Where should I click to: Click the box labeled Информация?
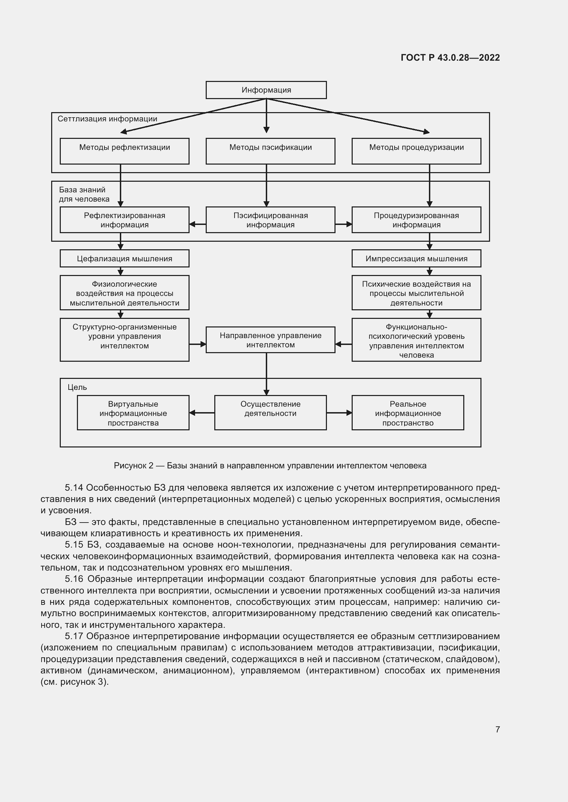pyautogui.click(x=266, y=90)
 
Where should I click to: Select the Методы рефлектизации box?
pyautogui.click(x=125, y=151)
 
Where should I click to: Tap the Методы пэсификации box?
pyautogui.click(x=270, y=151)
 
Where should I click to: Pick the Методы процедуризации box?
pyautogui.click(x=416, y=151)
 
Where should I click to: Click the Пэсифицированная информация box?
pyautogui.click(x=270, y=220)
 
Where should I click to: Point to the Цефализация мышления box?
pyautogui.click(x=125, y=259)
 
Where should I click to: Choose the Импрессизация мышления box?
pyautogui.click(x=416, y=259)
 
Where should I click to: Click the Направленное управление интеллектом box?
pyautogui.click(x=270, y=340)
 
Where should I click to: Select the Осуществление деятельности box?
pyautogui.click(x=270, y=412)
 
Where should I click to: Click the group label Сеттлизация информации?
pyautogui.click(x=107, y=119)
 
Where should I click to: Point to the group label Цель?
pyautogui.click(x=77, y=387)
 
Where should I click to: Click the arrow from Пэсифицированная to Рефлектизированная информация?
pyautogui.click(x=197, y=224)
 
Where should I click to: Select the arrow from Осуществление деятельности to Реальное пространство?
pyautogui.click(x=339, y=413)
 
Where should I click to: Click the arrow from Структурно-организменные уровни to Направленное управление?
pyautogui.click(x=197, y=344)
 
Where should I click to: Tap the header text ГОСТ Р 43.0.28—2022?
pyautogui.click(x=450, y=58)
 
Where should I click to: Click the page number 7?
pyautogui.click(x=497, y=729)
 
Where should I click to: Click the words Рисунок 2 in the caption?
pyautogui.click(x=133, y=466)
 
